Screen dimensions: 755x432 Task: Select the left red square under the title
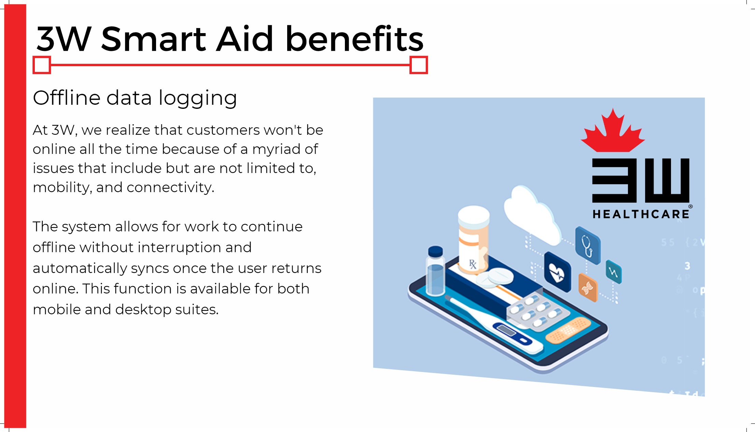[42, 65]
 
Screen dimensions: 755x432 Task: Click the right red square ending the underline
[419, 65]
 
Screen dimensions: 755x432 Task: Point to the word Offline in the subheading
[67, 98]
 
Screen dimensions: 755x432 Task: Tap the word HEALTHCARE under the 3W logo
[641, 214]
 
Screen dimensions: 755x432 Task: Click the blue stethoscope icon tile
[588, 246]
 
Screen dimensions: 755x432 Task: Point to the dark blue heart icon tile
[557, 272]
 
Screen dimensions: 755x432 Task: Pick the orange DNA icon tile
[588, 288]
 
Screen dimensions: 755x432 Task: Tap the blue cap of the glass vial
[435, 251]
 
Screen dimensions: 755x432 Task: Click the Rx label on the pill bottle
[473, 264]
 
